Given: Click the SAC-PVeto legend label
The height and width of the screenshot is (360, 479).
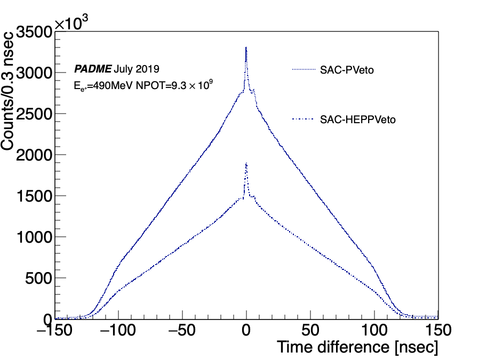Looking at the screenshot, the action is [347, 70].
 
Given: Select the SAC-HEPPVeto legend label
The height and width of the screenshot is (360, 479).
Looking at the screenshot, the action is [358, 119].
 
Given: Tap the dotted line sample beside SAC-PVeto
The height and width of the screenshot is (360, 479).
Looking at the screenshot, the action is [304, 70].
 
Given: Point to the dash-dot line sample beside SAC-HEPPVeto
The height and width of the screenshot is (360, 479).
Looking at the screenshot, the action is [303, 119].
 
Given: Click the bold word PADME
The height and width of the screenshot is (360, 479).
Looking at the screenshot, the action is [93, 69].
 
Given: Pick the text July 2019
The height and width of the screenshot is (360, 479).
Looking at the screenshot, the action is [137, 69].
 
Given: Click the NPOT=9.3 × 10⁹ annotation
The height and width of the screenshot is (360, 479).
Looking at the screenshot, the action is [174, 85].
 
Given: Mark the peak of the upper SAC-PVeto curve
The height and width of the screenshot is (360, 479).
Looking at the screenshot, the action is [246, 47].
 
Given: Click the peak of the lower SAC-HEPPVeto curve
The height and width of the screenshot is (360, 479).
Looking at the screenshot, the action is [246, 163].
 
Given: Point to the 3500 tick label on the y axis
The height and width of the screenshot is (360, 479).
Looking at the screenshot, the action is [34, 32].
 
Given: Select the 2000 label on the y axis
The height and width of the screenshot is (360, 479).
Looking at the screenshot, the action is [34, 155].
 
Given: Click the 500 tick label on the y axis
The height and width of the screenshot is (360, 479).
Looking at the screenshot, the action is [39, 278].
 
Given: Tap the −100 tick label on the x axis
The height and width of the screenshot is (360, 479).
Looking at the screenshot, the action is [118, 330].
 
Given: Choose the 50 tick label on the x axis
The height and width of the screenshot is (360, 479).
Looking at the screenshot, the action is [310, 330].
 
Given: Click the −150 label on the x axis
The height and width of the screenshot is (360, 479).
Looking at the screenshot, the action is [54, 330].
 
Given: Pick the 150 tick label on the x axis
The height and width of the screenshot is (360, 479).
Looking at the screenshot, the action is [438, 330].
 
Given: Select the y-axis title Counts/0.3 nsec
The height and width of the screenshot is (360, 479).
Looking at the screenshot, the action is [7, 91].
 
